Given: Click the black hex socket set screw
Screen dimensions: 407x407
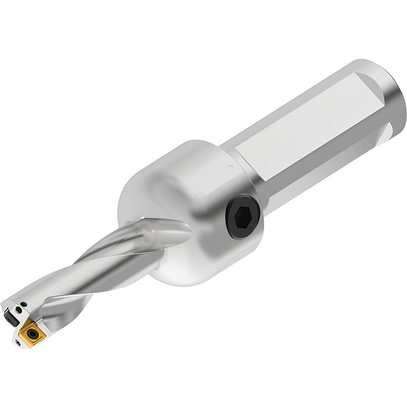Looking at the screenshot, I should [x=243, y=216].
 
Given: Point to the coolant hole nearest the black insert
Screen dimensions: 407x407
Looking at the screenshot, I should [x=19, y=309].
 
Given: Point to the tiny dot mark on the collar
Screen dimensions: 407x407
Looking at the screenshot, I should [x=230, y=166].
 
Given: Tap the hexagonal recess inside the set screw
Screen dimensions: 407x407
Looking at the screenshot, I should [x=243, y=215].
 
